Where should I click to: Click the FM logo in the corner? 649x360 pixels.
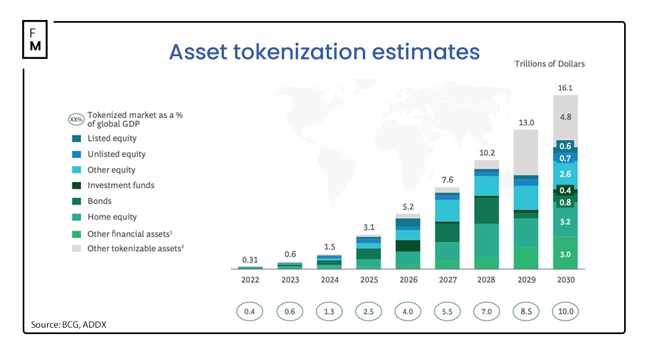(x=35, y=39)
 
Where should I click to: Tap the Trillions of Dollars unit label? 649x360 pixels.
(x=549, y=64)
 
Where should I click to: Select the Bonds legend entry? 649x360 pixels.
(x=99, y=201)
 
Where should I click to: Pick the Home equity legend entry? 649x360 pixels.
(x=112, y=217)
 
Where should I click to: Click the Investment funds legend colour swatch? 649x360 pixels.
(x=77, y=185)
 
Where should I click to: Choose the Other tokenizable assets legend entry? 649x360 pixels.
(x=135, y=249)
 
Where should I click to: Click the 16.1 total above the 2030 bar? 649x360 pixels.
(x=565, y=87)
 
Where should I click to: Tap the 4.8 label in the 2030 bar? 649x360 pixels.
(x=565, y=116)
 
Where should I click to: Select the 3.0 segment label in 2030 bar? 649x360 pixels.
(x=565, y=254)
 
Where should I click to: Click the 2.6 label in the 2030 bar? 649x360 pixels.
(x=565, y=174)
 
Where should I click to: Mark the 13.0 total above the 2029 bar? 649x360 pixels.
(x=526, y=122)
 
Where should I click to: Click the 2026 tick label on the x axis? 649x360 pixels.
(x=408, y=280)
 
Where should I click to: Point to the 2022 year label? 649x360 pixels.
(x=250, y=280)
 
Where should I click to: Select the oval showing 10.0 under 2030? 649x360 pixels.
(x=565, y=312)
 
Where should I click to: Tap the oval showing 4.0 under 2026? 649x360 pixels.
(x=408, y=312)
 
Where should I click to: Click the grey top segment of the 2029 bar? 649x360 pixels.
(x=526, y=152)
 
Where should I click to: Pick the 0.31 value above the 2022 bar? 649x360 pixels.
(x=250, y=259)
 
